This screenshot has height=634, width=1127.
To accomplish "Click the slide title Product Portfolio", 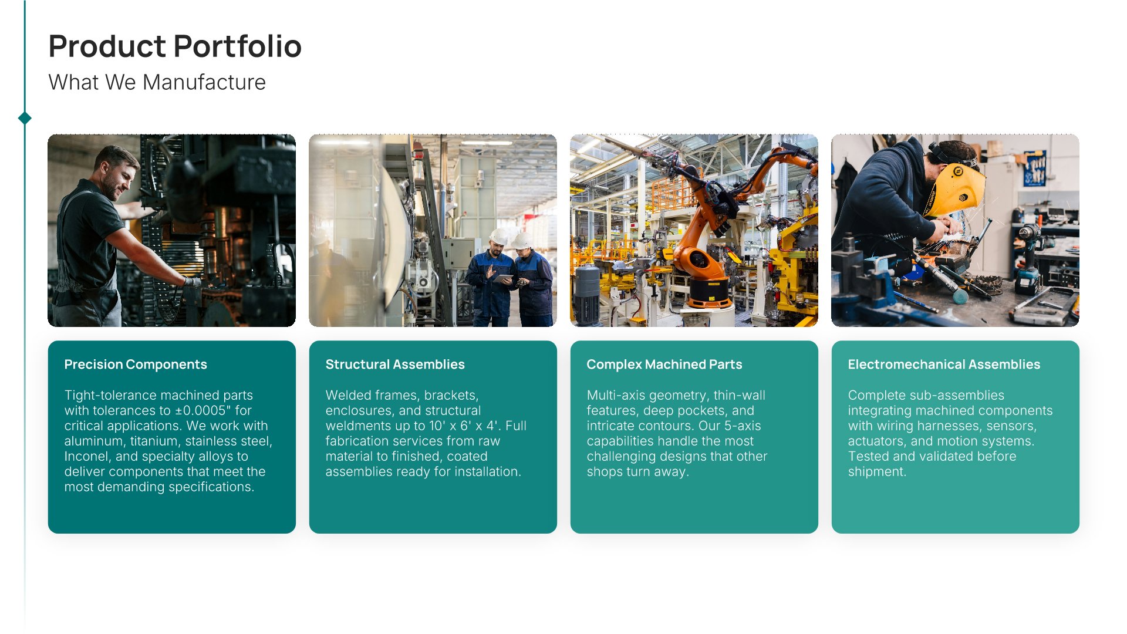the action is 175,46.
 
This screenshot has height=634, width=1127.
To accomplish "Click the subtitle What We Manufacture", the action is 157,82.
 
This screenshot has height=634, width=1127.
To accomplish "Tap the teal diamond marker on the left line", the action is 25,118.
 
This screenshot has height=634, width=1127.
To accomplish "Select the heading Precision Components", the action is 136,365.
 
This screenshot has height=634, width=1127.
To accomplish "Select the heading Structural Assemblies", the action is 395,365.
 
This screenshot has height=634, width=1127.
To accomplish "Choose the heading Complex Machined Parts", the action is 664,365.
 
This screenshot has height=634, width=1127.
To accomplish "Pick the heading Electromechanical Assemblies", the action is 944,365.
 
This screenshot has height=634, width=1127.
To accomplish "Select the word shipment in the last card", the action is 877,471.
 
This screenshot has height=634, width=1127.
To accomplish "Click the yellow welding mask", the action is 954,190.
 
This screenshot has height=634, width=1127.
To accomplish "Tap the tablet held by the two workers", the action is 504,278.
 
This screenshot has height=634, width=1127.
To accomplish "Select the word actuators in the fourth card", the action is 876,441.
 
